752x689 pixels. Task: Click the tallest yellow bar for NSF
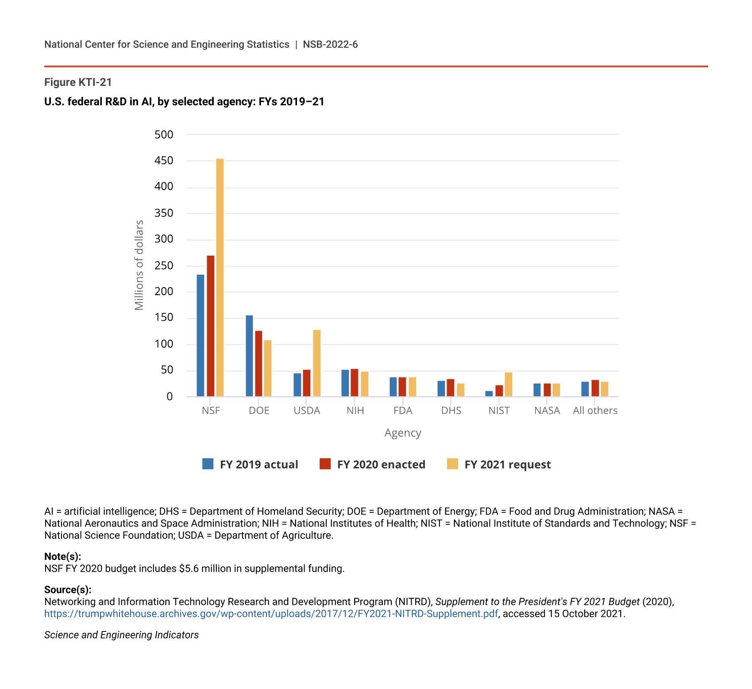(x=220, y=277)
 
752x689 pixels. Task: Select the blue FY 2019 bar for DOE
(x=250, y=356)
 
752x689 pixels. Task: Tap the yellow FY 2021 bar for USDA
(x=317, y=363)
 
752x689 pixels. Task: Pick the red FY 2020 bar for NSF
(x=211, y=326)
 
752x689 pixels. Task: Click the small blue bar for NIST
(x=489, y=394)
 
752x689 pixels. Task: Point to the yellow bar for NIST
(x=509, y=385)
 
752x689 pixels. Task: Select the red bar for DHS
(x=451, y=388)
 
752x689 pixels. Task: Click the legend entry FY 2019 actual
(x=250, y=464)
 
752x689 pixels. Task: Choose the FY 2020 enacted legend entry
(x=372, y=464)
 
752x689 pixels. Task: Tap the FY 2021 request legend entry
(x=499, y=464)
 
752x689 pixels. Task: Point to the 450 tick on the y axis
(x=164, y=161)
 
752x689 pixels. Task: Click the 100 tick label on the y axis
(x=164, y=344)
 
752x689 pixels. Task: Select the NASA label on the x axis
(x=547, y=411)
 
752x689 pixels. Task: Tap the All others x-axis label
(x=595, y=411)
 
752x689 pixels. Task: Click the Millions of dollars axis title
(x=139, y=265)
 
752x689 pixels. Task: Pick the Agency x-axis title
(x=403, y=433)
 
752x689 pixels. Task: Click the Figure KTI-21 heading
(x=78, y=82)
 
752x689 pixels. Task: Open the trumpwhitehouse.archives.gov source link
(x=271, y=614)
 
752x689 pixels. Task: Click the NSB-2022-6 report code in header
(x=330, y=44)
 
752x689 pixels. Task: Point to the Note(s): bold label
(x=62, y=557)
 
